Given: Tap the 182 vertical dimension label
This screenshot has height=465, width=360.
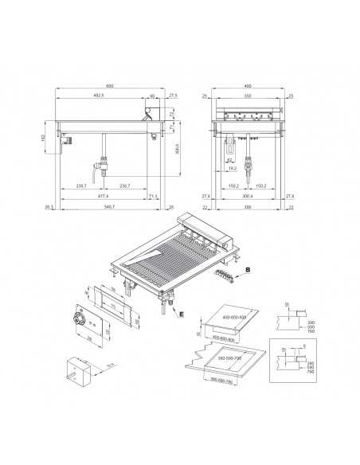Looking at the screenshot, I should (x=45, y=138).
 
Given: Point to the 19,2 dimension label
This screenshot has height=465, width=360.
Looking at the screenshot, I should (x=232, y=169).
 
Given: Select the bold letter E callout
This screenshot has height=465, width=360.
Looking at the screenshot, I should (x=183, y=315).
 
